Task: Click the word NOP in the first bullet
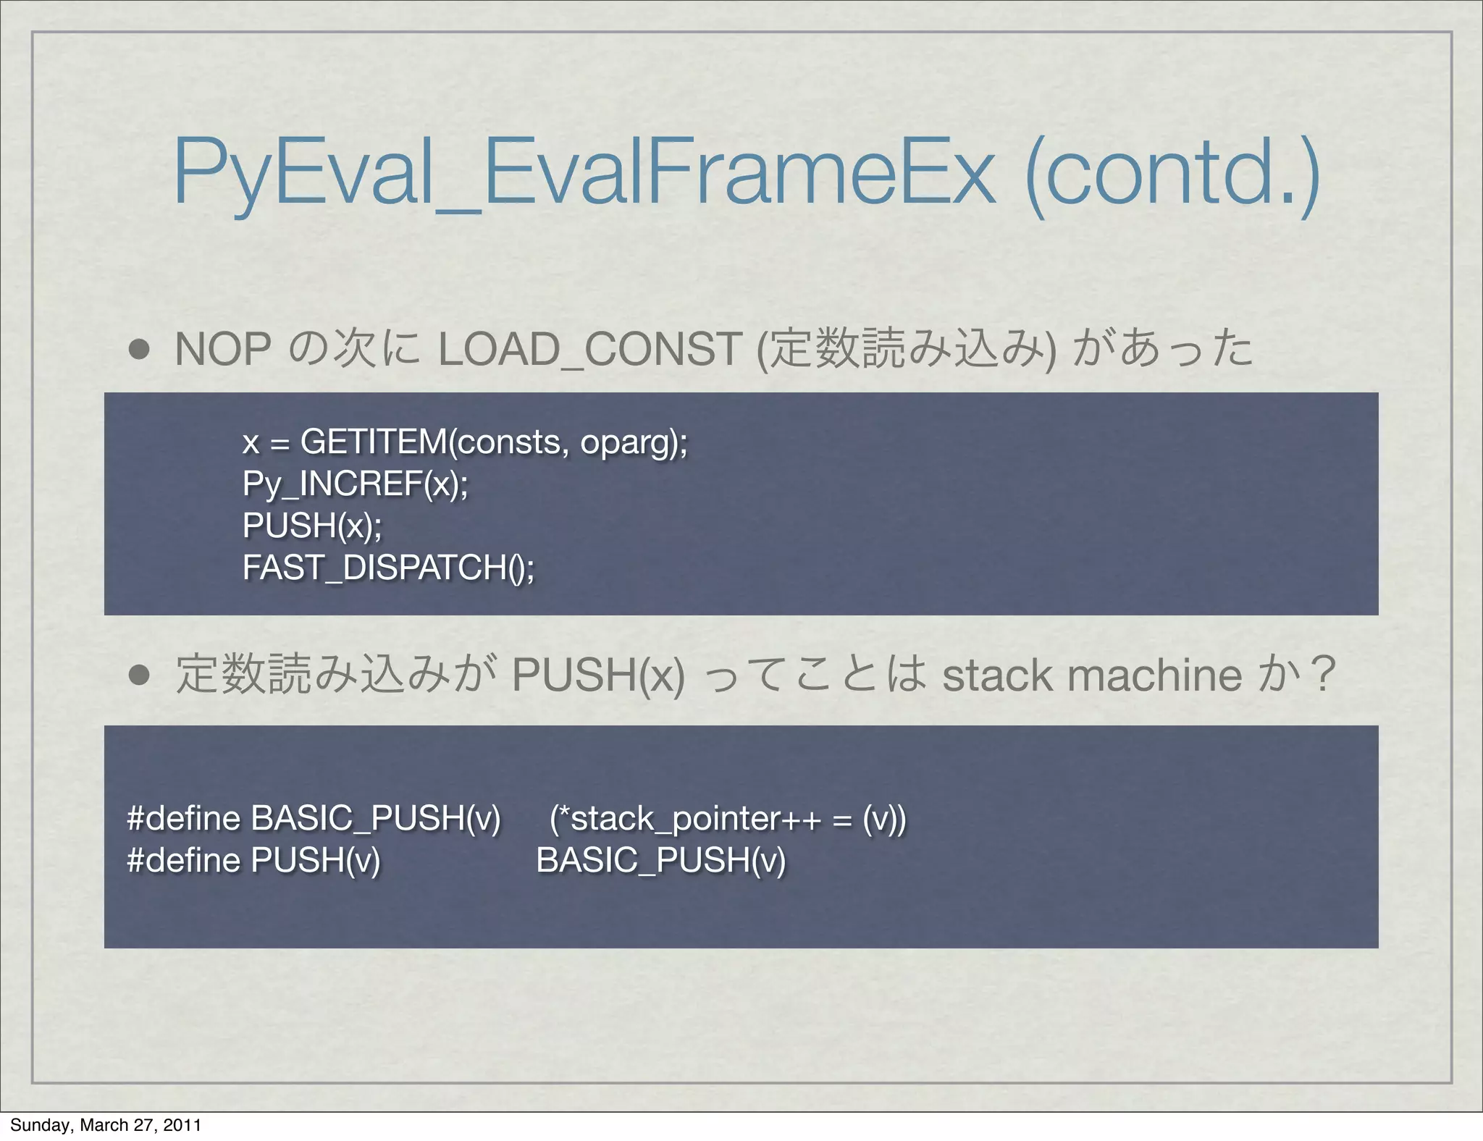click(223, 350)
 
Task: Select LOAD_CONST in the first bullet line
click(589, 350)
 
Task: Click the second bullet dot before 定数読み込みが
click(139, 675)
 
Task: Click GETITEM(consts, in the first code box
click(432, 442)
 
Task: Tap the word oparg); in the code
click(634, 442)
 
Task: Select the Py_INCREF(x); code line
click(356, 484)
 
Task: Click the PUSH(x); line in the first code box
click(312, 526)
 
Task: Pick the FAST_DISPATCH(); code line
click(388, 568)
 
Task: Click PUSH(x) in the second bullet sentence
click(597, 675)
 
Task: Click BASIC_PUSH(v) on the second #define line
click(660, 861)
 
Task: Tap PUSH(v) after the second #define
click(315, 861)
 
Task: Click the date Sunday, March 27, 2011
click(106, 1125)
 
